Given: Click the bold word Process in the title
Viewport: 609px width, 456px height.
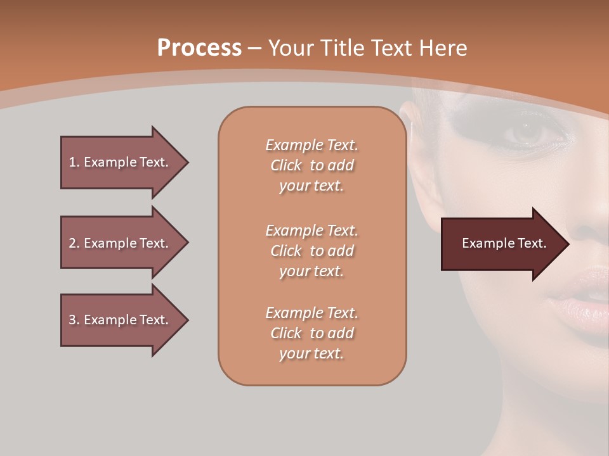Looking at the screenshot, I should (199, 48).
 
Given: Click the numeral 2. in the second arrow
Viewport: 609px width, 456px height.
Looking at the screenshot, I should (74, 243).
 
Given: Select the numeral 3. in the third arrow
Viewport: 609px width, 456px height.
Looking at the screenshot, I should (74, 320).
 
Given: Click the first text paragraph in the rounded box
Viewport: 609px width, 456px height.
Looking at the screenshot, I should (311, 165).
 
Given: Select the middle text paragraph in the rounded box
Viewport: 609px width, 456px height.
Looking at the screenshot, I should (311, 251).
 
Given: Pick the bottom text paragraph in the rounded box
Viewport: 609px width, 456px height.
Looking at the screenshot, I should (311, 333).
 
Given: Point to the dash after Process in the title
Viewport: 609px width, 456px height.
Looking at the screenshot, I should (254, 48).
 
